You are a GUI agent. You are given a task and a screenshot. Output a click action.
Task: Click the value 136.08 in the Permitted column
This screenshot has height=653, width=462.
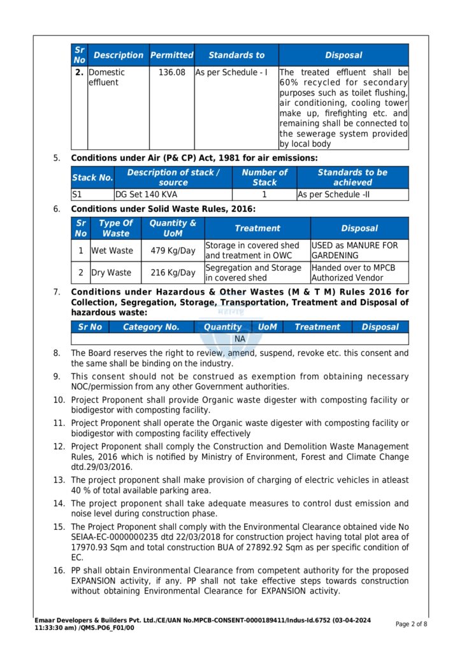point(171,73)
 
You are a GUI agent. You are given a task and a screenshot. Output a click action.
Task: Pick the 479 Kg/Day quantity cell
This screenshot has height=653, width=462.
point(173,251)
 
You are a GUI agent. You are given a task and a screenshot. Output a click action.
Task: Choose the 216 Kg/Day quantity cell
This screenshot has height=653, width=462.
point(173,273)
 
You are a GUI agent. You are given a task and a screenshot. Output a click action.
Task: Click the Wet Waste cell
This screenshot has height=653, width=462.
point(112,251)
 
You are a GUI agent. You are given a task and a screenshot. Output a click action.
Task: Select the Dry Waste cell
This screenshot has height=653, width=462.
point(111,273)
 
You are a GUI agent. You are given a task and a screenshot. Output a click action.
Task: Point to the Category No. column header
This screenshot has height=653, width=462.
point(151,327)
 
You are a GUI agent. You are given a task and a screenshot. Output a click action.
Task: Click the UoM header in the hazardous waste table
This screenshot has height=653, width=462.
point(268,327)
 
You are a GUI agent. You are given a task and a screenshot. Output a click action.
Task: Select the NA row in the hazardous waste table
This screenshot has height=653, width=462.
point(240,339)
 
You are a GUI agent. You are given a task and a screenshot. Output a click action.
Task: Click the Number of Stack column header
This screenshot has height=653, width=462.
point(264,177)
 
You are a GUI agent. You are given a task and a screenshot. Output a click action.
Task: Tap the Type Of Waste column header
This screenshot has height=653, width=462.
point(115,228)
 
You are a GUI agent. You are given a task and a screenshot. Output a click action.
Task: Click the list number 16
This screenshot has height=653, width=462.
point(59,571)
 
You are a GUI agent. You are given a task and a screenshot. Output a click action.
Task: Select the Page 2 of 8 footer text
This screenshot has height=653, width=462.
point(412,624)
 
